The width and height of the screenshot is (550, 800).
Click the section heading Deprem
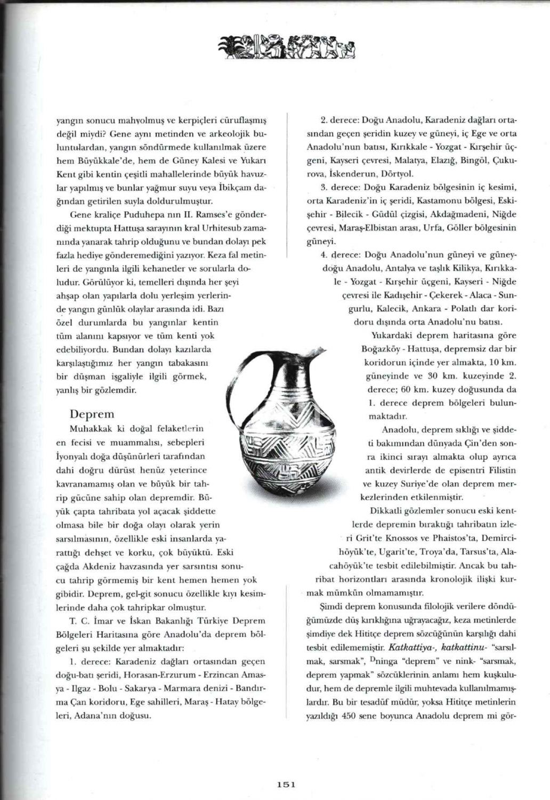click(x=92, y=414)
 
